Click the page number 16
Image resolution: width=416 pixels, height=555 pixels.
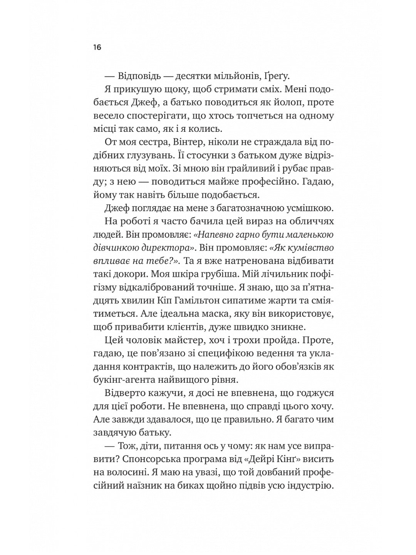tap(97, 48)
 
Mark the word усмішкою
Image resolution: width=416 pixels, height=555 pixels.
tap(304, 209)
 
